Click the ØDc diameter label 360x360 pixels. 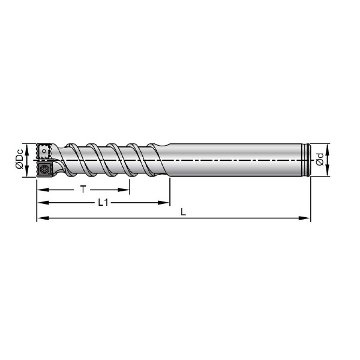pos(20,158)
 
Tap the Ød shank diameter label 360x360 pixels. pos(320,160)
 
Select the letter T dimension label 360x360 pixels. pos(83,190)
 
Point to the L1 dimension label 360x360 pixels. pos(103,203)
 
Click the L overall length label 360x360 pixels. pos(183,212)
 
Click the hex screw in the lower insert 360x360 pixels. pos(43,170)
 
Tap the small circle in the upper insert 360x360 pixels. pos(44,151)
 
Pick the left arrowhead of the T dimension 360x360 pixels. pos(43,190)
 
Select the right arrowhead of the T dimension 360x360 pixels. pos(124,190)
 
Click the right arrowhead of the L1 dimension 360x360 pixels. pos(164,203)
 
